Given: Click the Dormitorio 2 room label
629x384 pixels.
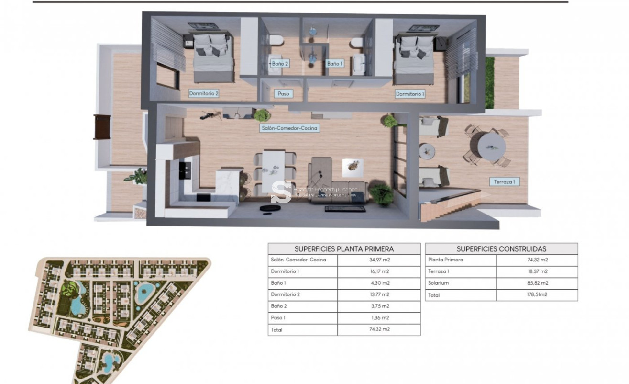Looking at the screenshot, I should (x=204, y=94).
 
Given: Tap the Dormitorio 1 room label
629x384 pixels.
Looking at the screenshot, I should (x=410, y=94).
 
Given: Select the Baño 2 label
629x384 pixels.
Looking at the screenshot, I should (x=280, y=63).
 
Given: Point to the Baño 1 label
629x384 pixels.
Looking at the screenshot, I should (x=334, y=63).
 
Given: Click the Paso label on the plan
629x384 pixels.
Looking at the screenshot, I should (x=283, y=94).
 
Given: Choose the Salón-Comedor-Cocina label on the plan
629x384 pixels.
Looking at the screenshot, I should (x=289, y=128).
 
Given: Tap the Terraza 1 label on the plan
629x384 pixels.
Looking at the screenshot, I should (x=504, y=182).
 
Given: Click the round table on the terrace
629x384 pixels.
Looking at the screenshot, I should (x=491, y=146).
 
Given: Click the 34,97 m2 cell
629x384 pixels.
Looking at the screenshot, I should (x=378, y=260).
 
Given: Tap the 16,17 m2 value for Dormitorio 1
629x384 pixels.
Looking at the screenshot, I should (x=378, y=271).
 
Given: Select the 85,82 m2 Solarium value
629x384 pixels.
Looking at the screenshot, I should (x=537, y=283).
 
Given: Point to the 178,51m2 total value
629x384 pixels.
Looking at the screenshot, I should (x=537, y=295).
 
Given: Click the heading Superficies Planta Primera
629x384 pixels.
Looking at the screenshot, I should (x=344, y=248).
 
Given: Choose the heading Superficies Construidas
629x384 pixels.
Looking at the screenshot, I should (x=501, y=248).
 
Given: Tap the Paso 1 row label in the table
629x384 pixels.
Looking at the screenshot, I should (x=278, y=318).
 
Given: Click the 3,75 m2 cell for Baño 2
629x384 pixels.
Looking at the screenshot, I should (x=378, y=306).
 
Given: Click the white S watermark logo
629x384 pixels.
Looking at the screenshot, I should (x=281, y=192).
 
